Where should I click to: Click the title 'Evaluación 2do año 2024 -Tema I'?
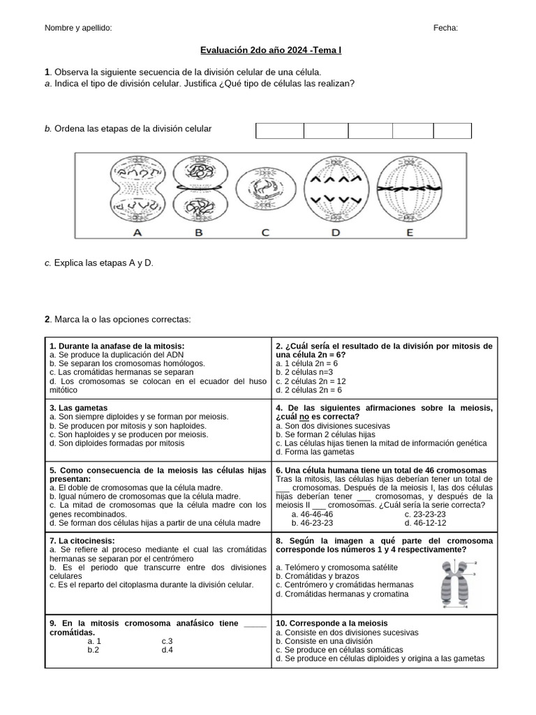pos(271,51)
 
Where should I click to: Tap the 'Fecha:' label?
pos(445,28)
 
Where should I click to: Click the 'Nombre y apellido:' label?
pos(78,28)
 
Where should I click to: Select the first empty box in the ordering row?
pos(280,131)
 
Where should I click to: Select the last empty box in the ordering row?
pos(452,131)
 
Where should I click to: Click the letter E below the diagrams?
pos(409,233)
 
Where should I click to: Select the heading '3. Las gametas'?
pos(79,407)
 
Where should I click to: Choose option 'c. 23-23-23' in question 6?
pos(426,514)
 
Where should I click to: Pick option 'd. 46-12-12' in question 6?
pos(426,523)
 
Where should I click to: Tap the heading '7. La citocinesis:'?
pos(82,541)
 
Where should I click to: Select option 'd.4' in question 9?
pos(167,649)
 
